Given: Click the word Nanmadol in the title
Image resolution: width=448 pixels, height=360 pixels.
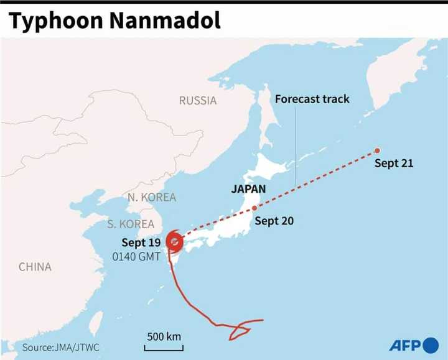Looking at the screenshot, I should pyautogui.click(x=166, y=21).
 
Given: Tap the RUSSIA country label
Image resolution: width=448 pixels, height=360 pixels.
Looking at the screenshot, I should pyautogui.click(x=198, y=100).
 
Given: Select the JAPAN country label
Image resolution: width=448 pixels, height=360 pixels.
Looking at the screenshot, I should pyautogui.click(x=248, y=189).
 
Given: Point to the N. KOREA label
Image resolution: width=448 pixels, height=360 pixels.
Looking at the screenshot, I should pyautogui.click(x=152, y=197).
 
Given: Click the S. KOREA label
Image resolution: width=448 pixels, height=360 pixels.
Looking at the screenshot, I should pyautogui.click(x=130, y=224).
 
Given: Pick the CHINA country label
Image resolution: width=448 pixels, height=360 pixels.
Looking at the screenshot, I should pyautogui.click(x=35, y=267).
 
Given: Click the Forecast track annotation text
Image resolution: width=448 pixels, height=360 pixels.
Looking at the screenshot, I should pyautogui.click(x=312, y=99).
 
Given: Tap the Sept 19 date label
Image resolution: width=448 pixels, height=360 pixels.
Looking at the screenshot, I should pyautogui.click(x=141, y=242).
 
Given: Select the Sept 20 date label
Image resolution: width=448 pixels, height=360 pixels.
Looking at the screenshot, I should pyautogui.click(x=274, y=221).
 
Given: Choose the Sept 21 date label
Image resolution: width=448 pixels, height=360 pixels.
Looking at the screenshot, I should pyautogui.click(x=394, y=164).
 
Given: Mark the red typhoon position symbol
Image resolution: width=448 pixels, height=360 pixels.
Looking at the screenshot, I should pyautogui.click(x=175, y=242).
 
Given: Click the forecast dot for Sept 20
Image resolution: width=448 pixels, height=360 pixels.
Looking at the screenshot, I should pyautogui.click(x=254, y=208).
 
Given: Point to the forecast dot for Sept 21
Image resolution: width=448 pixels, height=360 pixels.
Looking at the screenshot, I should pyautogui.click(x=377, y=150).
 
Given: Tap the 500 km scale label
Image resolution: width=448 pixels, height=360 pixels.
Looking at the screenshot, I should pyautogui.click(x=164, y=336).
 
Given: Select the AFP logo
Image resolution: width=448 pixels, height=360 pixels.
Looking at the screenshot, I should pyautogui.click(x=414, y=344).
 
